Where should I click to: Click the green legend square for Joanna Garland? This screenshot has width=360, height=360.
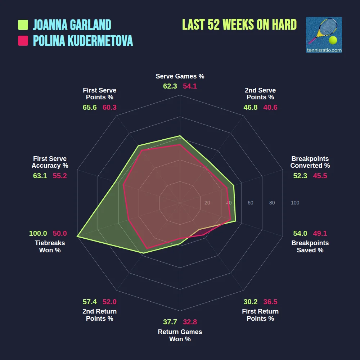[x=23, y=25]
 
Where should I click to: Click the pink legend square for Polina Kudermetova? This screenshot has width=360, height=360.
[x=23, y=41]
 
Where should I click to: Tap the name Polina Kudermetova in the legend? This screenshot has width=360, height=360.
[x=83, y=41]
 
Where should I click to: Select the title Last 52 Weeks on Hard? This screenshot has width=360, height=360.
[x=239, y=24]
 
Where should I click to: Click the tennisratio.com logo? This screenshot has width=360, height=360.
[x=324, y=35]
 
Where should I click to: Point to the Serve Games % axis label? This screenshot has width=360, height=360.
[x=180, y=76]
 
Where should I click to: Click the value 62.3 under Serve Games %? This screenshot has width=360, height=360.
[x=170, y=86]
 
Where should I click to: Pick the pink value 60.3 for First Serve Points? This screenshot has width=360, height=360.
[x=109, y=108]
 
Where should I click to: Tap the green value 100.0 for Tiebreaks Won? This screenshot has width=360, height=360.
[x=38, y=233]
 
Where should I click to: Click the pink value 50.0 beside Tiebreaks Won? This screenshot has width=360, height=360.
[x=60, y=233]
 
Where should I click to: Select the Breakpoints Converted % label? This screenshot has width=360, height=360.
[x=310, y=162]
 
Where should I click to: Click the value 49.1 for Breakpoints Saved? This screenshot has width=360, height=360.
[x=320, y=233]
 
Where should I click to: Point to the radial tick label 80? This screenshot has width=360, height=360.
[x=272, y=203]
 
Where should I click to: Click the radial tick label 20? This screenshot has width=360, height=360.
[x=207, y=203]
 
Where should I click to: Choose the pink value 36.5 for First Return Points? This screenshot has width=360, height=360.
[x=270, y=302]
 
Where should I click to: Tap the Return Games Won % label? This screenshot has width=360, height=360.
[x=180, y=336]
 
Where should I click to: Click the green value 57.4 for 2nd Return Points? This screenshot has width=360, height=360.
[x=90, y=302]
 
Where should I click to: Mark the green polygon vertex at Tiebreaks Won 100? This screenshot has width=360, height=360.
[x=77, y=237]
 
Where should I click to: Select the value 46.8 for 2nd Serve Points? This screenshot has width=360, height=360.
[x=250, y=108]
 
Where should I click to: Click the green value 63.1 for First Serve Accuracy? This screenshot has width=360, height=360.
[x=40, y=176]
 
